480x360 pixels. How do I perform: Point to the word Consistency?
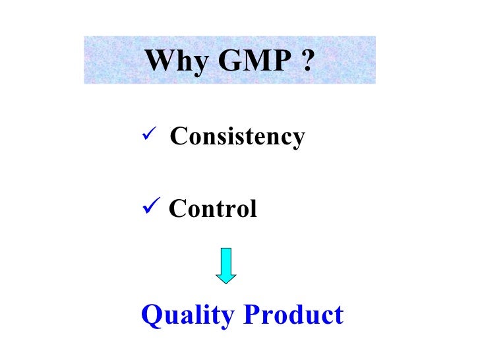(237, 137)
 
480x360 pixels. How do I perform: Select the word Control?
(213, 209)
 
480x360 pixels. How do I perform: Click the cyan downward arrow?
(226, 265)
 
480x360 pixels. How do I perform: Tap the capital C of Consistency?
(177, 136)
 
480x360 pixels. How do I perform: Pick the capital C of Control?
(177, 209)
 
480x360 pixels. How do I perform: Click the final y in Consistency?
(299, 140)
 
